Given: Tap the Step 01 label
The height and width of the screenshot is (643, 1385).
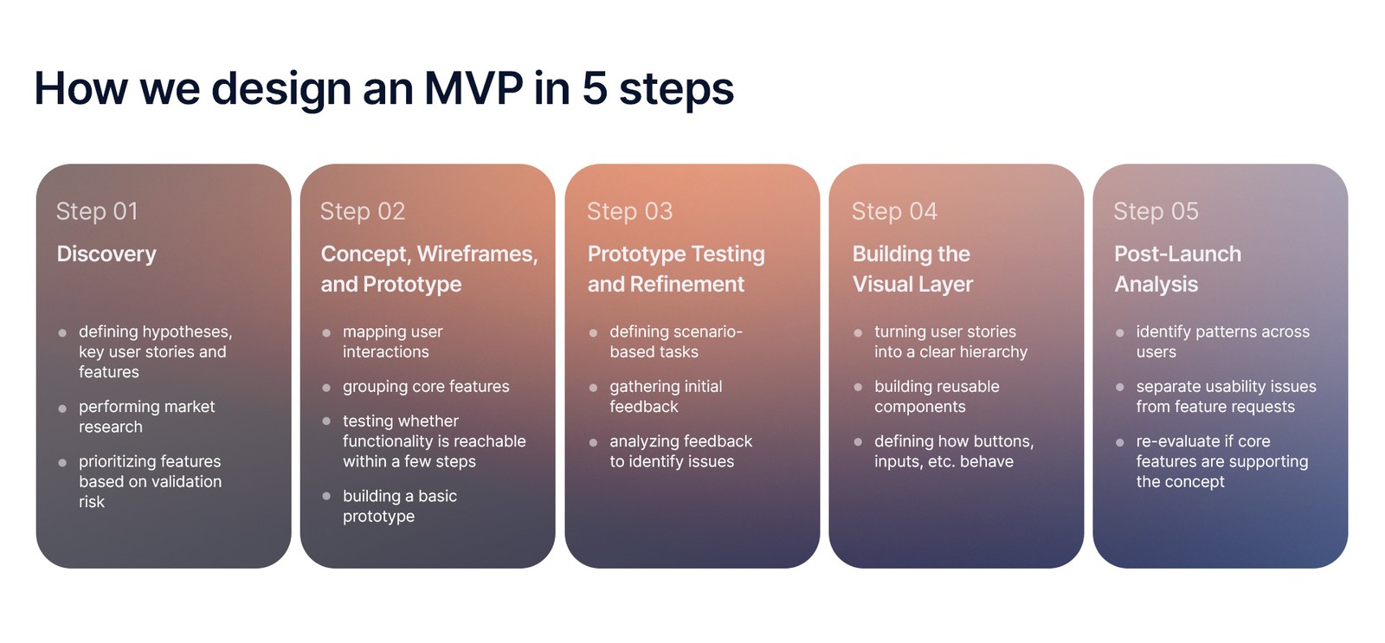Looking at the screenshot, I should [x=97, y=211].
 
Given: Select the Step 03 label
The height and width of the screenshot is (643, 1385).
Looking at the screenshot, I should [x=629, y=211].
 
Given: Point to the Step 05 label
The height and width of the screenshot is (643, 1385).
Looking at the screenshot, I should [x=1156, y=211].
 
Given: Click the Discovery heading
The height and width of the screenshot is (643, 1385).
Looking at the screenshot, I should [x=106, y=254].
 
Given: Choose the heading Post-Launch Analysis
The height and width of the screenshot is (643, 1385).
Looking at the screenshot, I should [x=1176, y=269].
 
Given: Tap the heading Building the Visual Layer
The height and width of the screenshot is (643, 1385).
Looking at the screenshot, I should [x=912, y=269].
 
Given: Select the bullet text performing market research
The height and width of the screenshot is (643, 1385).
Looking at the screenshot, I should [x=146, y=416].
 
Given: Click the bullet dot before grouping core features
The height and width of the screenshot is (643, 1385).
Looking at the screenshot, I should [x=326, y=388].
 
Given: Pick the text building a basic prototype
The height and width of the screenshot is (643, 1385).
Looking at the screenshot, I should [x=399, y=506].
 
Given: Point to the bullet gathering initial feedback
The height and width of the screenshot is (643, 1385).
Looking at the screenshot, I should [x=665, y=396].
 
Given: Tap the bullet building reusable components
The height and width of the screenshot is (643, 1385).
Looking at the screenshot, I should [x=936, y=396].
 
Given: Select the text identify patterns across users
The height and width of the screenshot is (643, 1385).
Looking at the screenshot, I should [x=1221, y=342].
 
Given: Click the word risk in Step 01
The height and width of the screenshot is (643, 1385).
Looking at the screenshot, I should [x=92, y=502].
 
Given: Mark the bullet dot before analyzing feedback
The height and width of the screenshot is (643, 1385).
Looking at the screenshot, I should [x=593, y=442].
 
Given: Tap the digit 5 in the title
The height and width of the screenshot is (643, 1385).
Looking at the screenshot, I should [x=595, y=88].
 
